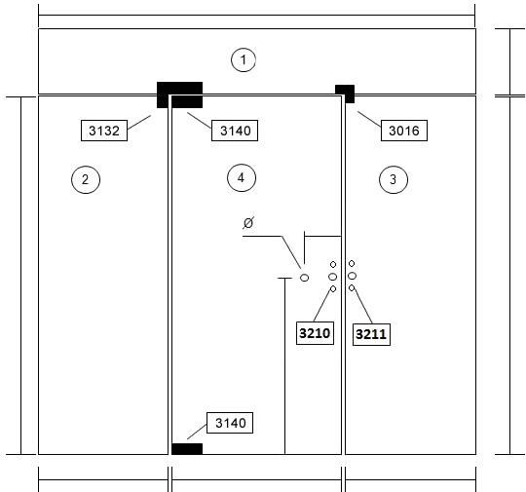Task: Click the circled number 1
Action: tap(244, 59)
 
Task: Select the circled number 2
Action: tap(86, 179)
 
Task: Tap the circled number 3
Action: tap(394, 179)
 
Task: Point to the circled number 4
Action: tap(242, 178)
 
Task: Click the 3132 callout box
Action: tap(104, 131)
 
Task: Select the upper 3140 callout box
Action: tap(235, 131)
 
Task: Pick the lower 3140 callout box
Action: tap(230, 423)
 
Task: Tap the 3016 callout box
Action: tap(404, 131)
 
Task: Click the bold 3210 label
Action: tap(315, 333)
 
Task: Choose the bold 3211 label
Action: tap(371, 334)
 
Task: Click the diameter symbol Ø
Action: tap(248, 222)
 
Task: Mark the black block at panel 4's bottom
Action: tap(187, 449)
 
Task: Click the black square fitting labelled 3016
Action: tap(345, 94)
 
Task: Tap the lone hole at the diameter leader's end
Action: tap(304, 278)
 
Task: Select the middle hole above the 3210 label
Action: tap(332, 277)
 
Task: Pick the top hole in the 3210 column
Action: tap(333, 264)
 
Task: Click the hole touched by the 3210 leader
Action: tap(333, 289)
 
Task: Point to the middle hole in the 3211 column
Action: tap(352, 276)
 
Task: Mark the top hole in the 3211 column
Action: tap(352, 263)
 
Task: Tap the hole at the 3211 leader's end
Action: tap(352, 288)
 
